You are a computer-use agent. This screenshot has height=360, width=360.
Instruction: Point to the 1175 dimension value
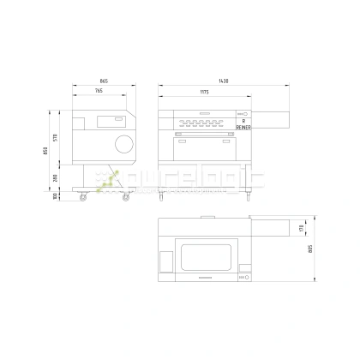pyautogui.click(x=206, y=91)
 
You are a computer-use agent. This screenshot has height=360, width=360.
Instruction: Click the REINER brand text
pyautogui.click(x=243, y=128)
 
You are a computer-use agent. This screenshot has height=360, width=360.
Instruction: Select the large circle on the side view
pyautogui.click(x=124, y=142)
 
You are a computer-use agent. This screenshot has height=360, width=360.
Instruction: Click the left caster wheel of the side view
pyautogui.click(x=84, y=198)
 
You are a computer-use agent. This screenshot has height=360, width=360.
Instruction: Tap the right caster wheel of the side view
pyautogui.click(x=127, y=198)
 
